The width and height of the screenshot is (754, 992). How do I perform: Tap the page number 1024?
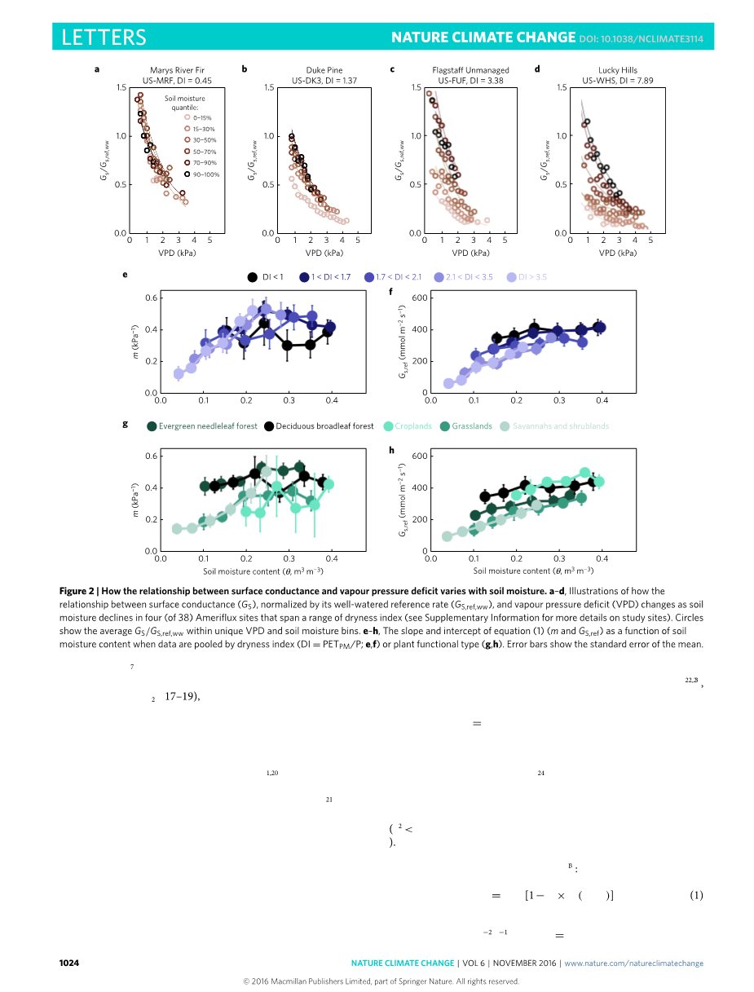coord(69,963)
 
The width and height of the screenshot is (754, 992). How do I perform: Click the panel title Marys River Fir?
coord(170,70)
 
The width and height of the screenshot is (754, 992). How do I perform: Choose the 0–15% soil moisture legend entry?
coord(201,117)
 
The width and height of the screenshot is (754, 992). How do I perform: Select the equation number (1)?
coord(696,895)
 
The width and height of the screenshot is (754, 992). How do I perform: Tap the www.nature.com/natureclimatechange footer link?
coord(633,963)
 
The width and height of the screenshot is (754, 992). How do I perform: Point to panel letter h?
coord(392,450)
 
